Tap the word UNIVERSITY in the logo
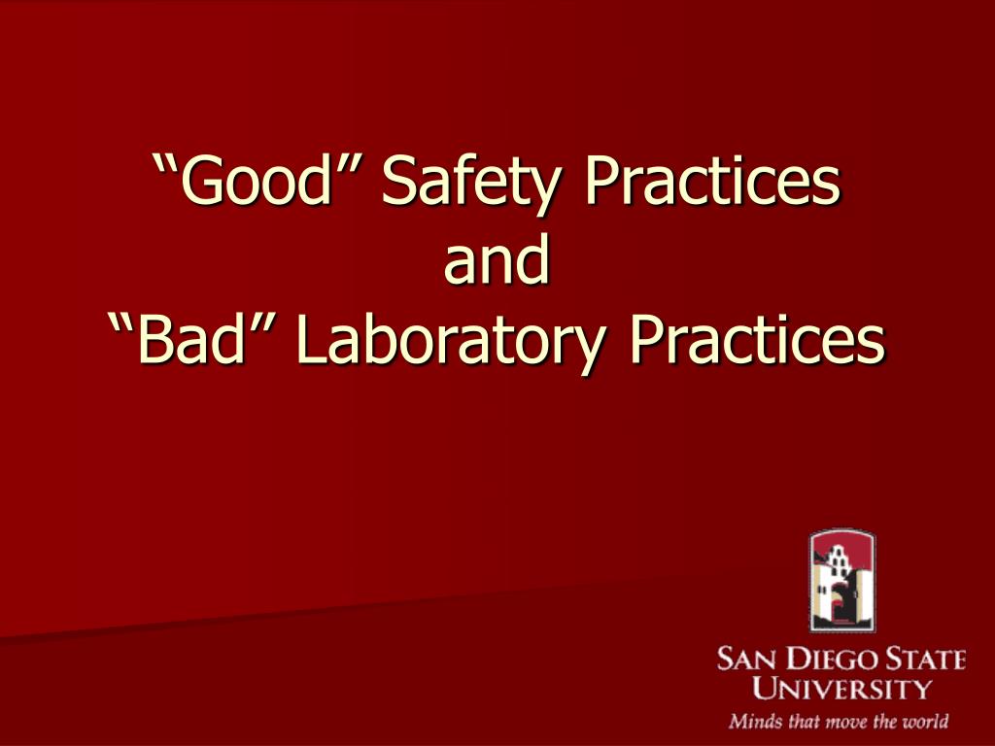[841, 690]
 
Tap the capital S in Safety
[397, 183]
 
